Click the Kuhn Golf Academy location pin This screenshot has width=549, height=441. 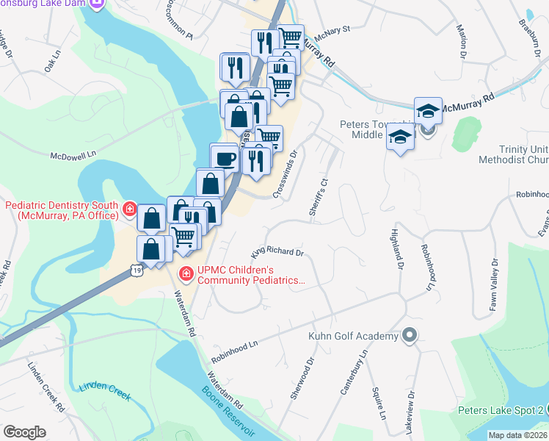coord(410,337)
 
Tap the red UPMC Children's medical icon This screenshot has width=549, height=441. coord(186,274)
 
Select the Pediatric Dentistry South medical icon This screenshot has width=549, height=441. coord(129,209)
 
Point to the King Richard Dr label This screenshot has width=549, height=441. coord(277,252)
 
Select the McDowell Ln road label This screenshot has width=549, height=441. coord(73,156)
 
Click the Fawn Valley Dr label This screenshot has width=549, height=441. coord(495,285)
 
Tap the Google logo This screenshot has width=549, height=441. coord(24,431)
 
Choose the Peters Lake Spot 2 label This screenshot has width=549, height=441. coord(501,410)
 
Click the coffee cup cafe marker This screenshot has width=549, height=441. coord(225,158)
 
